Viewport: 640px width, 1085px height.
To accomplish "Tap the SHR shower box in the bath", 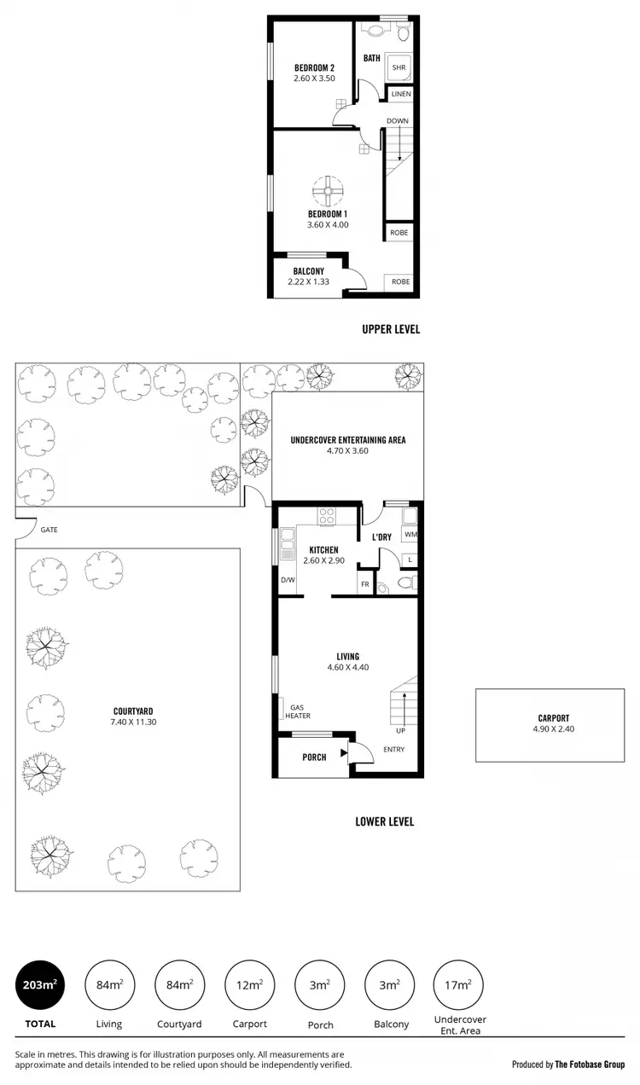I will pyautogui.click(x=399, y=67).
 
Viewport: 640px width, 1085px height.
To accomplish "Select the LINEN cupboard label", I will pyautogui.click(x=400, y=94).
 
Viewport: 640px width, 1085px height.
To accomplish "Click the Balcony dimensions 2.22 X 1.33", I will pyautogui.click(x=308, y=282).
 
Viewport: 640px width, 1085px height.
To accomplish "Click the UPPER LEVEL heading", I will pyautogui.click(x=391, y=329).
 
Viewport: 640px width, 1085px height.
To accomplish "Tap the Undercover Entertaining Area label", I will pyautogui.click(x=347, y=440).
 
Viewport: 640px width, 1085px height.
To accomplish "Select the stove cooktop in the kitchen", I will pyautogui.click(x=327, y=516).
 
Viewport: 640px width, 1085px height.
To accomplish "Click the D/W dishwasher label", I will pyautogui.click(x=288, y=581).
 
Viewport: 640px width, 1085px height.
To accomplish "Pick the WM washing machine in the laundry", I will pyautogui.click(x=410, y=535).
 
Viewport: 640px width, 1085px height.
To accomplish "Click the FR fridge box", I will pyautogui.click(x=364, y=585).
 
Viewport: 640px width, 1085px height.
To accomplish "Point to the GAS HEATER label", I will pyautogui.click(x=298, y=711).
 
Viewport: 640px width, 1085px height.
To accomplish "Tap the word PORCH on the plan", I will pyautogui.click(x=314, y=757).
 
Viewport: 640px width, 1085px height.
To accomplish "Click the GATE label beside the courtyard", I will pyautogui.click(x=49, y=530).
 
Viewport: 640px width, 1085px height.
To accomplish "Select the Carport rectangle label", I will pyautogui.click(x=553, y=718).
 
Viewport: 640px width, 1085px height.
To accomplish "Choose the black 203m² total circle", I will pyautogui.click(x=40, y=985).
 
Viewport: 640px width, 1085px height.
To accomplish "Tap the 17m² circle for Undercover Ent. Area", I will pyautogui.click(x=459, y=985).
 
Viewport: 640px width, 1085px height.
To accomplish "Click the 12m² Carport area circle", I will pyautogui.click(x=249, y=985).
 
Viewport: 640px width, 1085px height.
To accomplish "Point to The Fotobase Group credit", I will pyautogui.click(x=590, y=1064).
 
